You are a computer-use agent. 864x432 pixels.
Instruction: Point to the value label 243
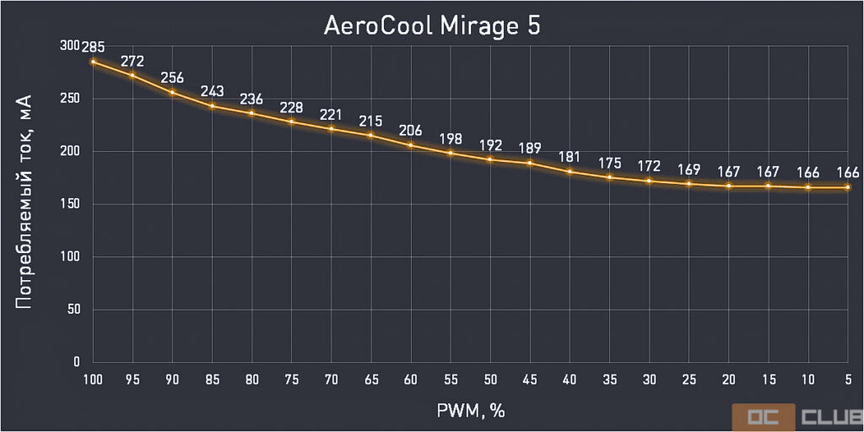point(213,91)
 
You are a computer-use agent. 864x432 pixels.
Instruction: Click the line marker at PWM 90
point(173,93)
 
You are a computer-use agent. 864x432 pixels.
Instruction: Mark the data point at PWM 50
point(490,159)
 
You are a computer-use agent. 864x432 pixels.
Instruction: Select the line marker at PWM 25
point(689,184)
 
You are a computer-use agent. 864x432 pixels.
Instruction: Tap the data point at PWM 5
point(848,187)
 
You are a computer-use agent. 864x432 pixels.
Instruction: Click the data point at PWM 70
point(332,129)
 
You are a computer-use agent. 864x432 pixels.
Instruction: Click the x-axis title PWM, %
point(470,411)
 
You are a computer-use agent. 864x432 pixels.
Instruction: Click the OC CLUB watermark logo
point(796,417)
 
